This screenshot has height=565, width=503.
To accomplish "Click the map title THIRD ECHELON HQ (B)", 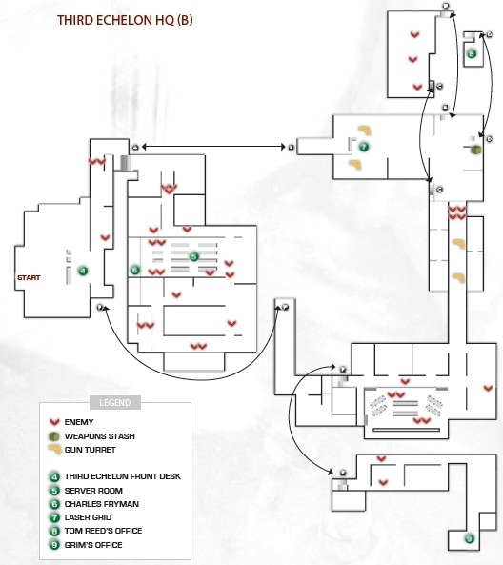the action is coord(125,20).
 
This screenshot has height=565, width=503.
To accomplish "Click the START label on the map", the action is coord(29,278).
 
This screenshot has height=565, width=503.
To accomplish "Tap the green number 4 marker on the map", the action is coord(83,271).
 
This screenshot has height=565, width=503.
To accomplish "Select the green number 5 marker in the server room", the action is coord(193,257).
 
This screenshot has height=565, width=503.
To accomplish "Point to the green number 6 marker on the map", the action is coord(135,270).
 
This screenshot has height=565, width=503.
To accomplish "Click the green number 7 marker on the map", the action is coord(364,147).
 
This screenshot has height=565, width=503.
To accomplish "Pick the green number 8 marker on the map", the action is coord(472,54).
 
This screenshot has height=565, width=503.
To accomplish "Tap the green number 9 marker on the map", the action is coord(469,538).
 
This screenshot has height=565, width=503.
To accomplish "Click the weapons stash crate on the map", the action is coord(475,150).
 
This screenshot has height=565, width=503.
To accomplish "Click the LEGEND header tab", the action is coord(115,402).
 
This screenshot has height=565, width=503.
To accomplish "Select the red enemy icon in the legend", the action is coord(54,422).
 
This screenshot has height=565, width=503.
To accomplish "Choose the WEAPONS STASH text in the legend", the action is coord(99,436).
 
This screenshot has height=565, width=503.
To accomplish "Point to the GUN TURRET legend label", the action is coord(91,450).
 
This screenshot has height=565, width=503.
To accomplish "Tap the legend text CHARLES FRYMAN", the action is coord(102,504).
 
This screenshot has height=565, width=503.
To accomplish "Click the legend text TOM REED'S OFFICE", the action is coord(103,531).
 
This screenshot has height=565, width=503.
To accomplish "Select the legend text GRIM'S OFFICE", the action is coord(93,545).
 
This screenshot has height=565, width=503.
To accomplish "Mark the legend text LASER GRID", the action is coord(88,517).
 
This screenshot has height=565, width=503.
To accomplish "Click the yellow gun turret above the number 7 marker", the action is coord(365,130).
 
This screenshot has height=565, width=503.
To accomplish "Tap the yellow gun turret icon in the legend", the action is coord(54,450).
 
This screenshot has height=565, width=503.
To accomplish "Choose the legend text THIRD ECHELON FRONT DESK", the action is coord(123,476).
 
